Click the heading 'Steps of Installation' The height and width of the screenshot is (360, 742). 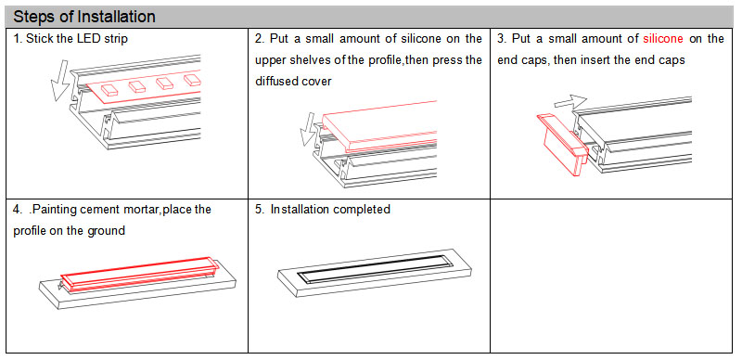(84, 17)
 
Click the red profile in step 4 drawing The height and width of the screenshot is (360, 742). (139, 276)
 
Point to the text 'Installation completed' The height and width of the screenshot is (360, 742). (330, 210)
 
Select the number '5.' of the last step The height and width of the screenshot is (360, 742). (260, 210)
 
